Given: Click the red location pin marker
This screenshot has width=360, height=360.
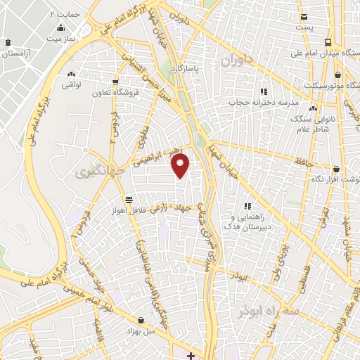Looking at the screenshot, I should click(181, 166).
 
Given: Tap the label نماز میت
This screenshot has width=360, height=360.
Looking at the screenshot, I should click(60, 38).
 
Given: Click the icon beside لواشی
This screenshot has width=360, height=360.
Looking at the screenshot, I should click(70, 75).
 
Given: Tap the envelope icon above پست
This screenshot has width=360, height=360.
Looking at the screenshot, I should click(303, 16).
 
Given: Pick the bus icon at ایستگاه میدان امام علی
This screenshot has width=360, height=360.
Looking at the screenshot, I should click(329, 42).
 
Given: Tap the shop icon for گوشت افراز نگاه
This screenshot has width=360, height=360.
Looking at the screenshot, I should click(336, 169).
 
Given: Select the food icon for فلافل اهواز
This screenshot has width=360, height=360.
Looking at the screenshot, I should click(127, 200).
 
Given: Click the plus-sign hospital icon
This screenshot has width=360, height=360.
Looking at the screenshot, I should click(191, 355).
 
